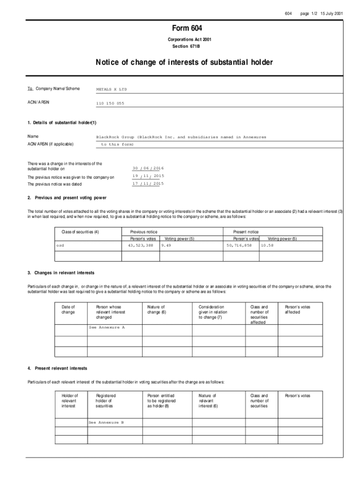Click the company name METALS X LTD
pos(111,89)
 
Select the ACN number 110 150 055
pos(110,103)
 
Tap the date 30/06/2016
pos(148,168)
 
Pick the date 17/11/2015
pos(148,184)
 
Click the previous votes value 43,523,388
pos(140,245)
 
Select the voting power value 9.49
pos(166,245)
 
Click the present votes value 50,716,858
pos(239,245)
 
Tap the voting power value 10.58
pos(267,245)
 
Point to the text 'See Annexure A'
pos(107,327)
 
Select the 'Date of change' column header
pos(68,310)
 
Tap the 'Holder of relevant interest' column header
pos(70,401)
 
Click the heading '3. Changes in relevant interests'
pos(61,273)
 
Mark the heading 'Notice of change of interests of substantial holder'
pos(184,62)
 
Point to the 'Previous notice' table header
pos(144,232)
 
